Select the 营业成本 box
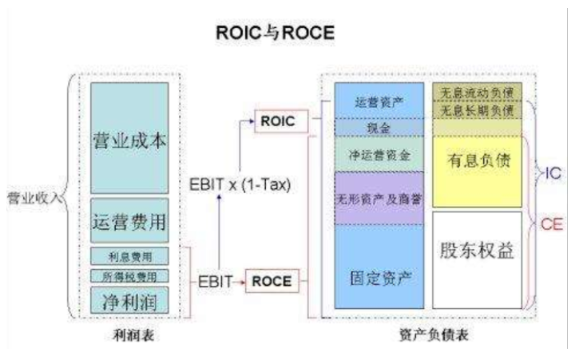pyautogui.click(x=129, y=140)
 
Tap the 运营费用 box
pyautogui.click(x=129, y=220)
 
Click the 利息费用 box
pyautogui.click(x=129, y=256)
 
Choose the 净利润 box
pyautogui.click(x=129, y=300)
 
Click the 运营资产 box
pyautogui.click(x=376, y=102)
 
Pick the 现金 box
pyautogui.click(x=376, y=127)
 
